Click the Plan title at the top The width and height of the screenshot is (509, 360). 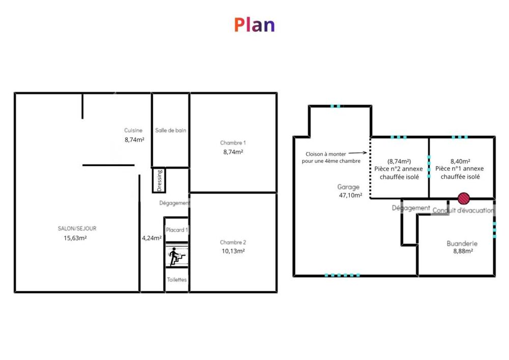(254, 25)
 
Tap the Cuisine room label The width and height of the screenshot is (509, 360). (133, 130)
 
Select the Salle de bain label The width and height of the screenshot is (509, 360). (171, 130)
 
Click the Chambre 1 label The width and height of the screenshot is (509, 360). (233, 143)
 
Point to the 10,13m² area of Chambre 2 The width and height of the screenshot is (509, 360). (233, 251)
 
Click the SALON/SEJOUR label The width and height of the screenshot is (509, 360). (77, 229)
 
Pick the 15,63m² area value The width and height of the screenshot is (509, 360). (75, 238)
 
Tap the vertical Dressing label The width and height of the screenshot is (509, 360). (159, 180)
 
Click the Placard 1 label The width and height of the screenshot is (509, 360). (177, 230)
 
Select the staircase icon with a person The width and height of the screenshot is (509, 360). (177, 256)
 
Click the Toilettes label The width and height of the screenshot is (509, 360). (177, 280)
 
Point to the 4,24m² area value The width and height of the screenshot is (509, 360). (152, 238)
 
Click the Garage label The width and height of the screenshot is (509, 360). (348, 187)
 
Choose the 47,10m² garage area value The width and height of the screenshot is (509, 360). (351, 196)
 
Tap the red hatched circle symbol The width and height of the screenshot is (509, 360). (464, 198)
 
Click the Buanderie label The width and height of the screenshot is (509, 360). (462, 243)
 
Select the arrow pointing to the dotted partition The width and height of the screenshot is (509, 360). (357, 153)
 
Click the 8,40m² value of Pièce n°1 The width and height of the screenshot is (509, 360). (460, 161)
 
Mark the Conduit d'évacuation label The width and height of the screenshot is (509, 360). (463, 210)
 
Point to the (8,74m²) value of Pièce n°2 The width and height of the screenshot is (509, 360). (399, 161)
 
